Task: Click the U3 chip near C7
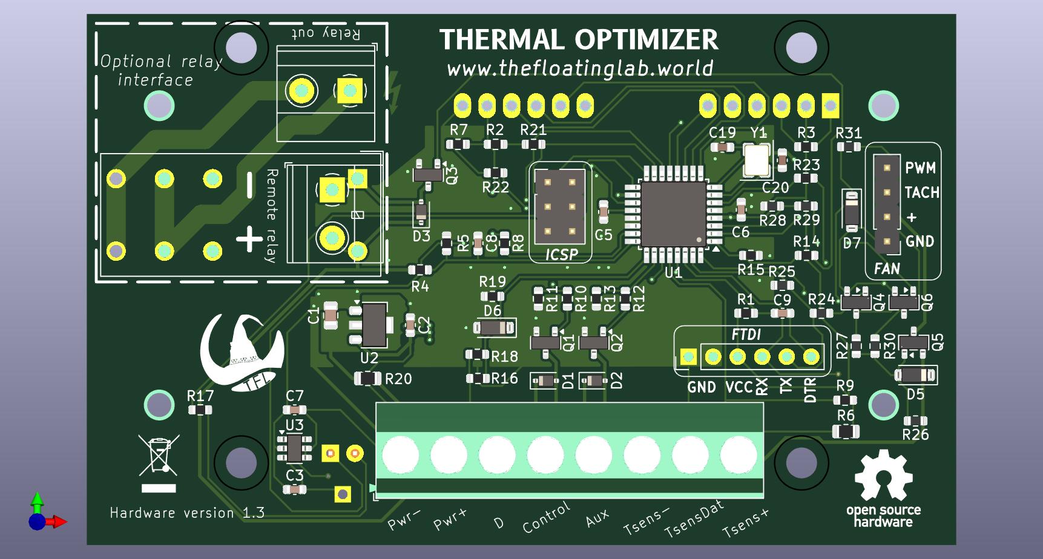coord(294,448)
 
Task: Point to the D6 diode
coord(494,328)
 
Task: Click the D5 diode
coord(915,375)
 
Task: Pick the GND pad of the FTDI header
coord(688,358)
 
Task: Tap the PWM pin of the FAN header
coord(887,168)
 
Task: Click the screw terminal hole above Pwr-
coord(400,454)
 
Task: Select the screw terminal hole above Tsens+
coord(739,454)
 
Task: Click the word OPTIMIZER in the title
coord(646,40)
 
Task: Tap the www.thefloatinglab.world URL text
coord(580,68)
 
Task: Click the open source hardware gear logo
coord(883,478)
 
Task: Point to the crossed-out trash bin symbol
coord(159,454)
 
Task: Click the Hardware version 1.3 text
coord(187,513)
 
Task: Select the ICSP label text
coord(561,255)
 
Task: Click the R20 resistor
coord(367,379)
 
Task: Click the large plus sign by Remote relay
coord(249,239)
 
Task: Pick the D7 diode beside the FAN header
coord(852,211)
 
